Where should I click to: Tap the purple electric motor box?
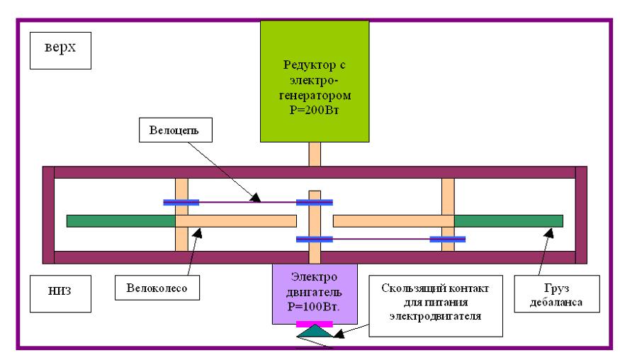coord(315,291)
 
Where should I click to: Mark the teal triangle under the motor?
coord(315,332)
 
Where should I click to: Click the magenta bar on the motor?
coord(315,322)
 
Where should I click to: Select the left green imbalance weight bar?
coord(120,220)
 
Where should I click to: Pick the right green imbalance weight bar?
coord(508,220)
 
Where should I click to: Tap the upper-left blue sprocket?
coord(181,203)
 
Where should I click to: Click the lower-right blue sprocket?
coord(448,240)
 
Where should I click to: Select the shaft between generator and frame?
coord(315,154)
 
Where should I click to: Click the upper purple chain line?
coord(248,203)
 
